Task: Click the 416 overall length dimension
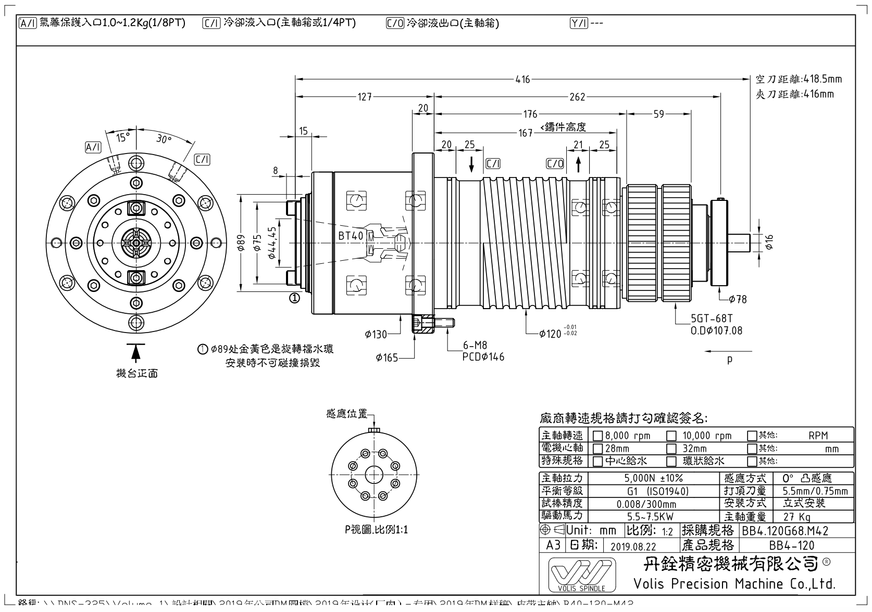coord(522,80)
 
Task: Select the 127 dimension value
coord(365,97)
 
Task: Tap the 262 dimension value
coord(577,97)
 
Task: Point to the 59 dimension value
coord(658,114)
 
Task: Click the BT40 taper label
coord(351,236)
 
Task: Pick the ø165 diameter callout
coord(387,358)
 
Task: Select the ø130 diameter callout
coord(376,334)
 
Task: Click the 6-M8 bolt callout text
coord(475,346)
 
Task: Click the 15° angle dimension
coord(123,137)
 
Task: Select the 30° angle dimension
coord(164,139)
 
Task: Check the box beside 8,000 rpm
coord(598,436)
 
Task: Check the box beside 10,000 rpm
coord(672,436)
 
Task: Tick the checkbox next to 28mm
coord(598,448)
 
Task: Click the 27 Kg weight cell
coord(797,517)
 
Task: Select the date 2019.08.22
coord(633,546)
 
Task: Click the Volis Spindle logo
coord(582,575)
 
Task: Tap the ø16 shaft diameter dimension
coord(769,241)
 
